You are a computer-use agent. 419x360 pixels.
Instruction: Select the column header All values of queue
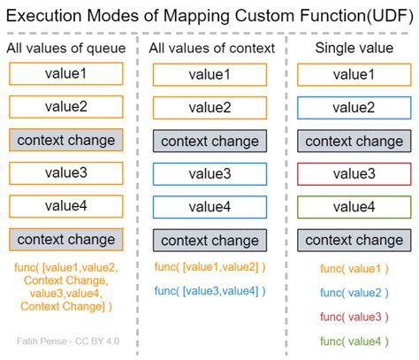(66, 48)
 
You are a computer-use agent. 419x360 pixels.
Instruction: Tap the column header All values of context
(211, 48)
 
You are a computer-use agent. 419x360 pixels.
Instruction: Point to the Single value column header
(354, 48)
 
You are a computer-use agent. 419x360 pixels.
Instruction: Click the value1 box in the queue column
(66, 74)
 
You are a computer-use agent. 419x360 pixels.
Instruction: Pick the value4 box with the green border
(354, 206)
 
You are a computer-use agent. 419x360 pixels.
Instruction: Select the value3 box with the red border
(354, 173)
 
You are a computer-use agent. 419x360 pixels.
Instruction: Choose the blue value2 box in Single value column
(354, 107)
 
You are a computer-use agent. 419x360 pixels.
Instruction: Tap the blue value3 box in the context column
(209, 173)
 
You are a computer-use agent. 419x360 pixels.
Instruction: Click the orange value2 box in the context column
(209, 107)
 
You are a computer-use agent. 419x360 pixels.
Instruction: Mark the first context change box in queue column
(66, 140)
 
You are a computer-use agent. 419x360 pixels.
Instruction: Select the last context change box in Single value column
(354, 240)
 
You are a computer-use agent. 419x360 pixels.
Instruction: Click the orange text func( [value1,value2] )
(209, 267)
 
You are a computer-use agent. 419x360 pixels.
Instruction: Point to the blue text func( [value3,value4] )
(209, 291)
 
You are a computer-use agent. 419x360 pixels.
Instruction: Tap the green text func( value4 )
(354, 340)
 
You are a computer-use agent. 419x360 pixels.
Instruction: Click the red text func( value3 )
(354, 316)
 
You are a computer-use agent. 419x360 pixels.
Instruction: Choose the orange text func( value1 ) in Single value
(354, 268)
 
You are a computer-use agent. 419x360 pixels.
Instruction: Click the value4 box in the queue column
(66, 206)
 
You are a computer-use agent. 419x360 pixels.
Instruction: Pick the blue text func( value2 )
(354, 292)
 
